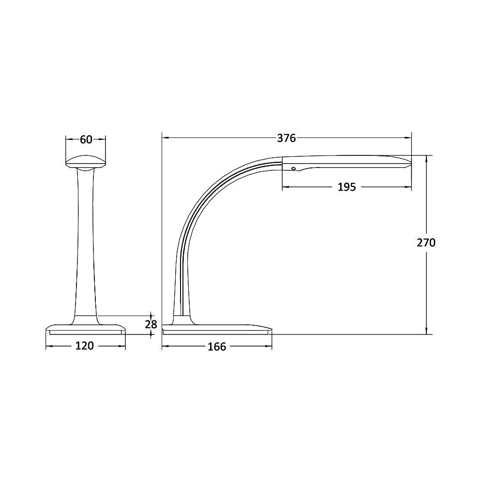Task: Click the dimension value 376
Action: [286, 138]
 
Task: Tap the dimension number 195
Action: [346, 187]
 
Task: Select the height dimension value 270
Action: [426, 242]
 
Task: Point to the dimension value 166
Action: [217, 347]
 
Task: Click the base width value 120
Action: [85, 346]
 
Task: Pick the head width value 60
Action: [86, 139]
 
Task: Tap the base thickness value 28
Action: [151, 324]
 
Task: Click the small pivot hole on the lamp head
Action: [293, 168]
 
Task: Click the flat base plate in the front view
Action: [86, 329]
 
